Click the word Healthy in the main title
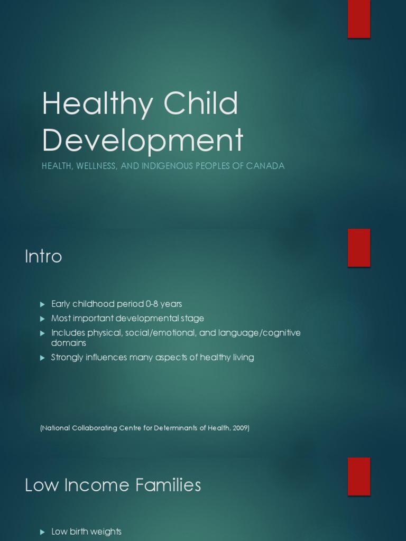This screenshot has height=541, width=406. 96,105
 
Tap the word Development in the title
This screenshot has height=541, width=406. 143,141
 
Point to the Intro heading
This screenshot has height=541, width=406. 43,257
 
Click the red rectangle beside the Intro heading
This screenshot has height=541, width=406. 358,248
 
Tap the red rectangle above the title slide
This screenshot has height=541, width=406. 358,19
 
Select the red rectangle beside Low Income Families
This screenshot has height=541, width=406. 358,476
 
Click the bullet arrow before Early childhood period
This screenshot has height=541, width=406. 43,304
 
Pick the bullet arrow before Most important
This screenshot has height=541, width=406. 43,319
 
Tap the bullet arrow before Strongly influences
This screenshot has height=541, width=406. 43,358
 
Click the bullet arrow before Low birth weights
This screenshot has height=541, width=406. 43,532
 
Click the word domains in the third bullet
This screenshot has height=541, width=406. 69,343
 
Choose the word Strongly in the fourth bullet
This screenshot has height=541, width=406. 67,358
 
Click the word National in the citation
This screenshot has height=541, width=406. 56,428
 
